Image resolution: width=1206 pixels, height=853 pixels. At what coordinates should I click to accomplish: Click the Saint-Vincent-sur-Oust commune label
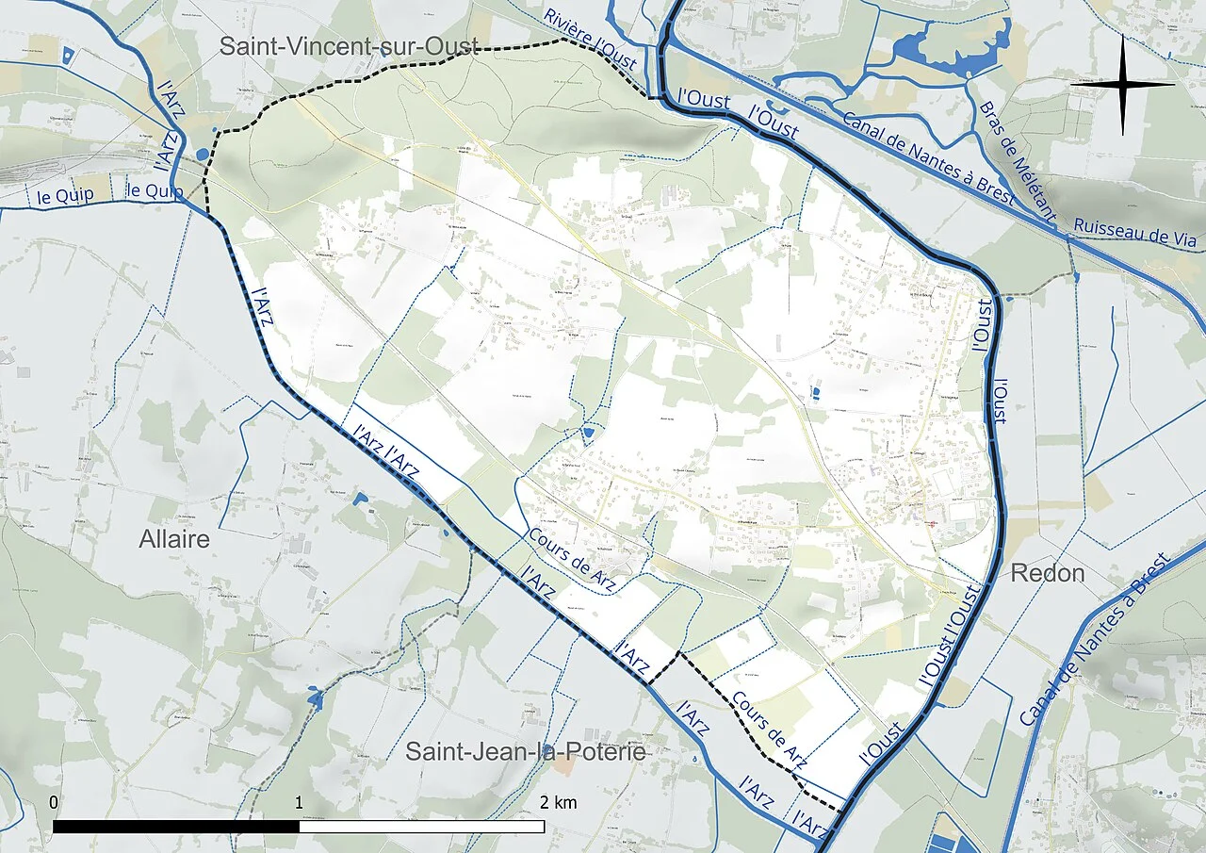(x=349, y=46)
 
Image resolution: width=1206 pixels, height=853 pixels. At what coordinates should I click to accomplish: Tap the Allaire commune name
(x=174, y=539)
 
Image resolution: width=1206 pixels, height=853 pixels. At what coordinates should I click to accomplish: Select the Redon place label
(x=1047, y=573)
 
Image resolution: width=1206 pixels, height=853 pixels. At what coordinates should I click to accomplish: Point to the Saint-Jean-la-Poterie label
(x=526, y=751)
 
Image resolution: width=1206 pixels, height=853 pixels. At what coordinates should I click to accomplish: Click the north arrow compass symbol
(x=1122, y=85)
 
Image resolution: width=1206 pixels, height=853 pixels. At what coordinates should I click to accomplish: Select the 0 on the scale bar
(x=54, y=803)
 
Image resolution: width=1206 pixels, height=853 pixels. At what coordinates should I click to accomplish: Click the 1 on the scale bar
(x=299, y=803)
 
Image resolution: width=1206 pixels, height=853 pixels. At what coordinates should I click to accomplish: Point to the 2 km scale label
(x=558, y=803)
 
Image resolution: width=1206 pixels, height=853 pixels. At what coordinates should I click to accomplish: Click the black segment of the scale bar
(x=176, y=827)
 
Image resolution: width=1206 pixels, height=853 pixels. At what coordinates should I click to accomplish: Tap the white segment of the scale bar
(x=421, y=827)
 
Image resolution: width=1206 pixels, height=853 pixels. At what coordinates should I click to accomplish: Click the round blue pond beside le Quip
(x=203, y=155)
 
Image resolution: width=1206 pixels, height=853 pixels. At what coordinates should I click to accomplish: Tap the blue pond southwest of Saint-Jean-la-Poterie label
(x=314, y=698)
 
